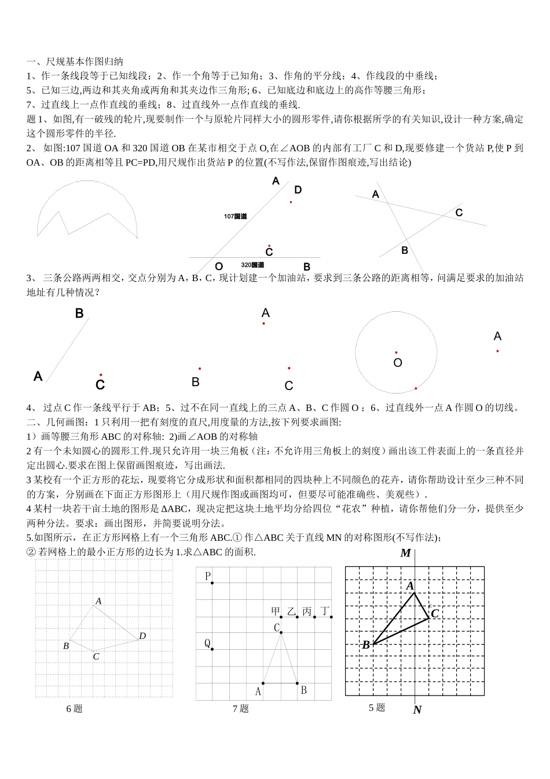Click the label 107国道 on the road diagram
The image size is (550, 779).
pyautogui.click(x=235, y=216)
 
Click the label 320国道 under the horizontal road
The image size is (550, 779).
pyautogui.click(x=252, y=265)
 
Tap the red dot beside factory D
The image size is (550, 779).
pyautogui.click(x=291, y=202)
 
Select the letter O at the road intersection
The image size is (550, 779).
pyautogui.click(x=219, y=267)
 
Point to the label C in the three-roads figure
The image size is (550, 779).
pyautogui.click(x=459, y=213)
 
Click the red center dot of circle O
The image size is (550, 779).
pyautogui.click(x=396, y=352)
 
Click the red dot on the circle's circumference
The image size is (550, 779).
pyautogui.click(x=415, y=388)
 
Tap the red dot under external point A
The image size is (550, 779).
pyautogui.click(x=497, y=351)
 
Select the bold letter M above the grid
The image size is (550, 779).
pyautogui.click(x=405, y=553)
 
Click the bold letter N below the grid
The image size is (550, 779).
pyautogui.click(x=417, y=710)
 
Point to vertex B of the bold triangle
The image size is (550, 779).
pyautogui.click(x=366, y=645)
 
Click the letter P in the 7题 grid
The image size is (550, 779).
pyautogui.click(x=208, y=576)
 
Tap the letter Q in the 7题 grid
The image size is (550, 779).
pyautogui.click(x=207, y=643)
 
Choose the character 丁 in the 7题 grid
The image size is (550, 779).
pyautogui.click(x=325, y=611)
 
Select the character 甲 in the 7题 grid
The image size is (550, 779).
pyautogui.click(x=276, y=611)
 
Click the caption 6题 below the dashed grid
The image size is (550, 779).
pyautogui.click(x=74, y=708)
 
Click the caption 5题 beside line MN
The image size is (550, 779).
pyautogui.click(x=376, y=707)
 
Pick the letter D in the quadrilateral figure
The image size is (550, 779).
pyautogui.click(x=142, y=636)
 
